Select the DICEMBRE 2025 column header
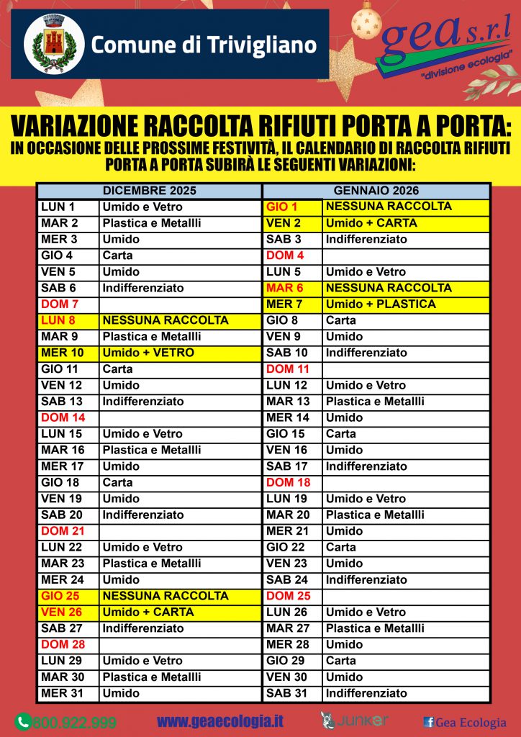click(x=149, y=191)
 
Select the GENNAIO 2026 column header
click(x=376, y=191)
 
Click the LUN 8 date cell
click(x=68, y=320)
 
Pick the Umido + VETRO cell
click(x=179, y=353)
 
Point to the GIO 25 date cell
click(x=68, y=596)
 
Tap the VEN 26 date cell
click(x=68, y=612)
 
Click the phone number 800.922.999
click(x=74, y=722)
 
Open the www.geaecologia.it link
click(x=219, y=721)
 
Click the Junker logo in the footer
click(x=354, y=720)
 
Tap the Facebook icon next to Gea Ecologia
click(x=428, y=722)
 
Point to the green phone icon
click(x=23, y=721)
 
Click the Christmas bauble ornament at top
click(x=366, y=22)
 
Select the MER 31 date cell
click(x=68, y=693)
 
